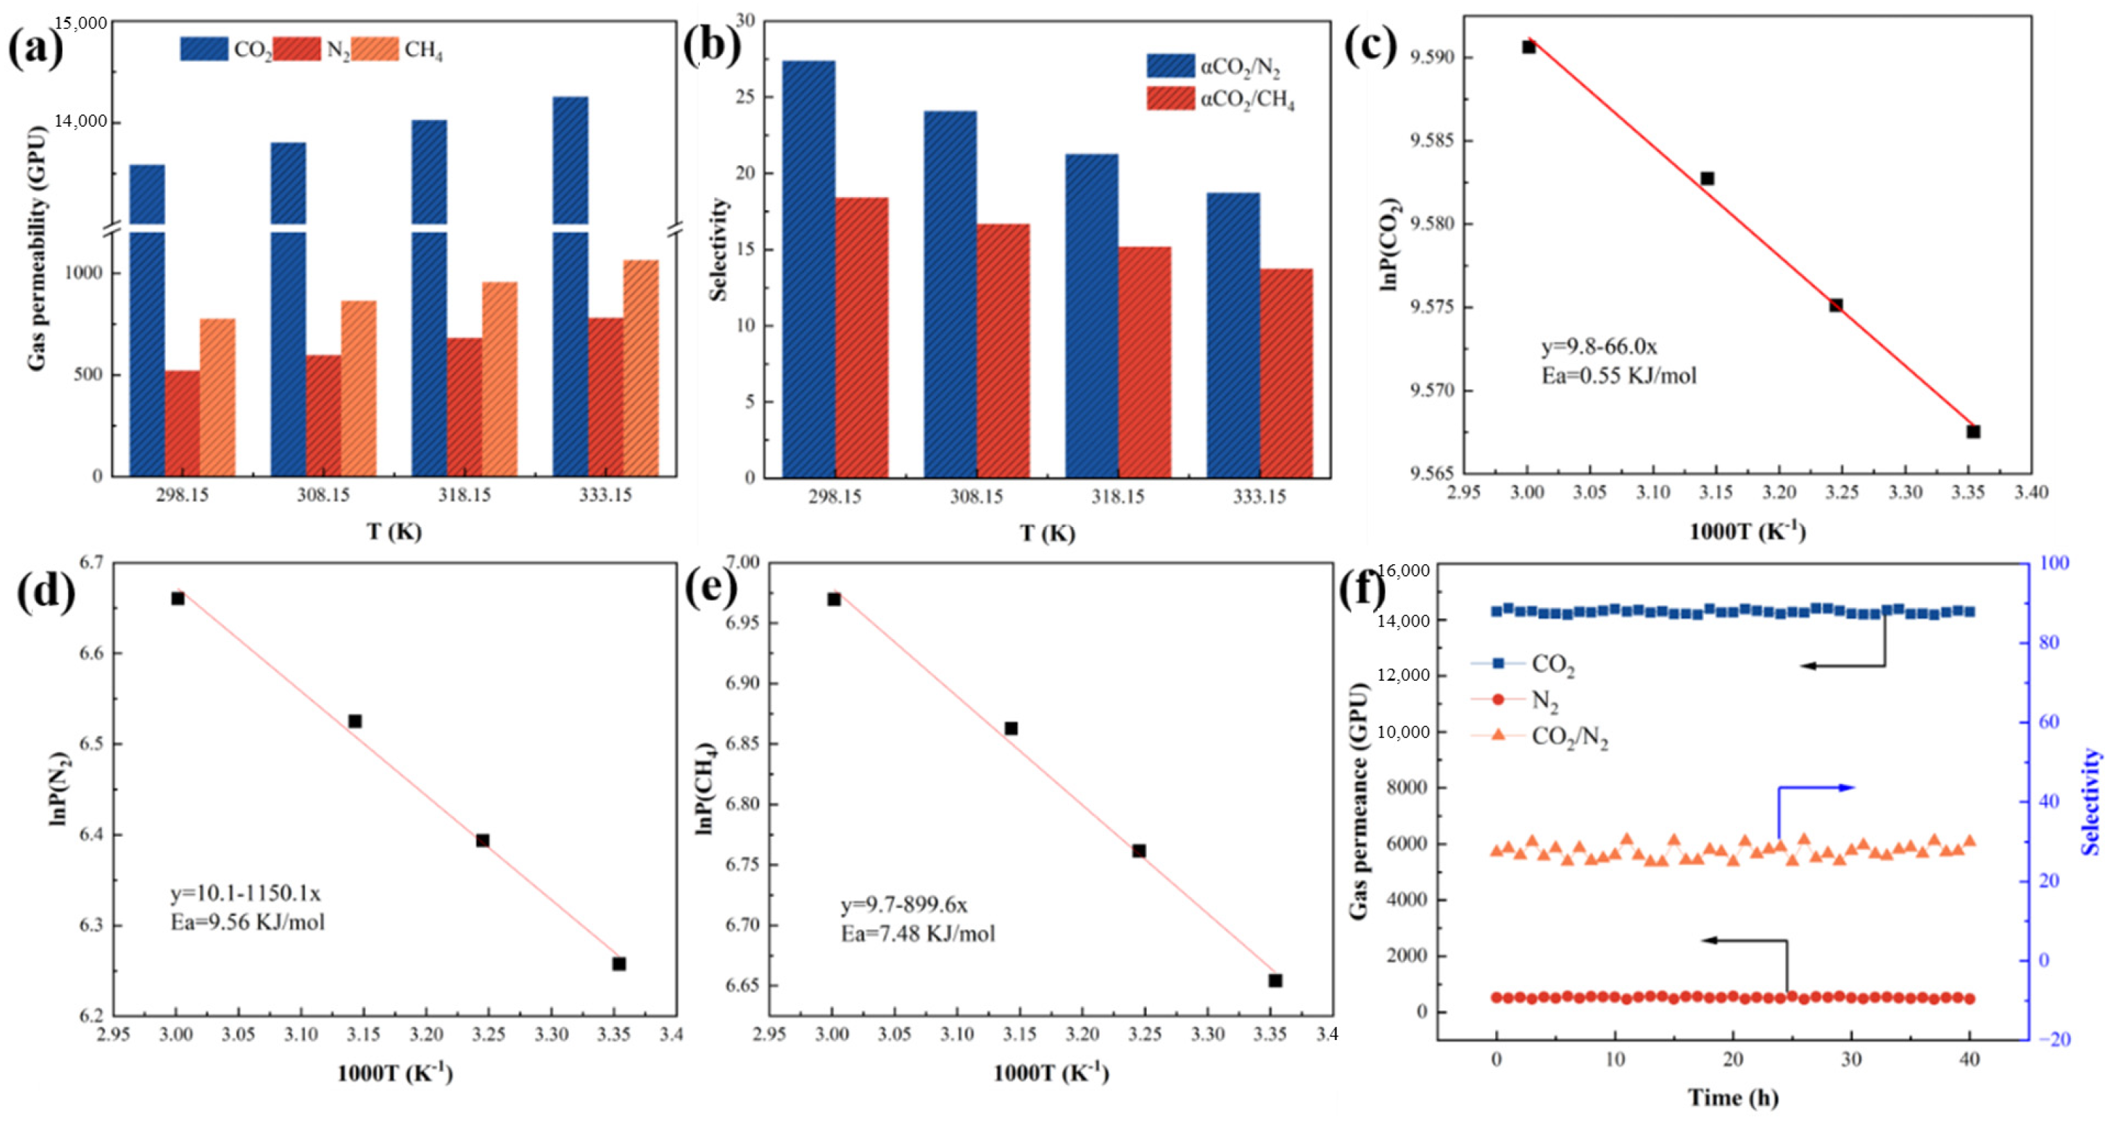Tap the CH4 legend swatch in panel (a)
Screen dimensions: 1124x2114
[378, 49]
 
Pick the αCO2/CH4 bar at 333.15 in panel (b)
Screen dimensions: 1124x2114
[1286, 373]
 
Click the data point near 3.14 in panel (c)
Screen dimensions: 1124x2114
[1707, 178]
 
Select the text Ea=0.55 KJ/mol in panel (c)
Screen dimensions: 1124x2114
[1619, 376]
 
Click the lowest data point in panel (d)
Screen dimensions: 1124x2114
[619, 963]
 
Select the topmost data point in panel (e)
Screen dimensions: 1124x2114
[834, 599]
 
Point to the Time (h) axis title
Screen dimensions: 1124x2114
[1732, 1097]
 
